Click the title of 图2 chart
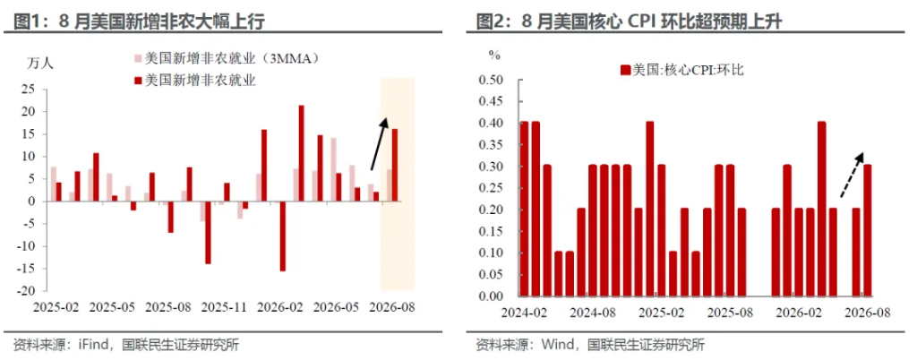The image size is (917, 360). point(630,22)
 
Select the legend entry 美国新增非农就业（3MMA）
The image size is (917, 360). point(229,59)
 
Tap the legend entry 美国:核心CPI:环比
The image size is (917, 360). point(681,70)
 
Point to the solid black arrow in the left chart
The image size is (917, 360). point(379,144)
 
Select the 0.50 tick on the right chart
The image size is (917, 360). point(492,80)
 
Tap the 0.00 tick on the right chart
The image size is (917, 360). point(492,296)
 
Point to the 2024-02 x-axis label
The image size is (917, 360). point(523,313)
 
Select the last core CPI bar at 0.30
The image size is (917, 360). point(867,231)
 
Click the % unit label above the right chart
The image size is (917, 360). point(494,56)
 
